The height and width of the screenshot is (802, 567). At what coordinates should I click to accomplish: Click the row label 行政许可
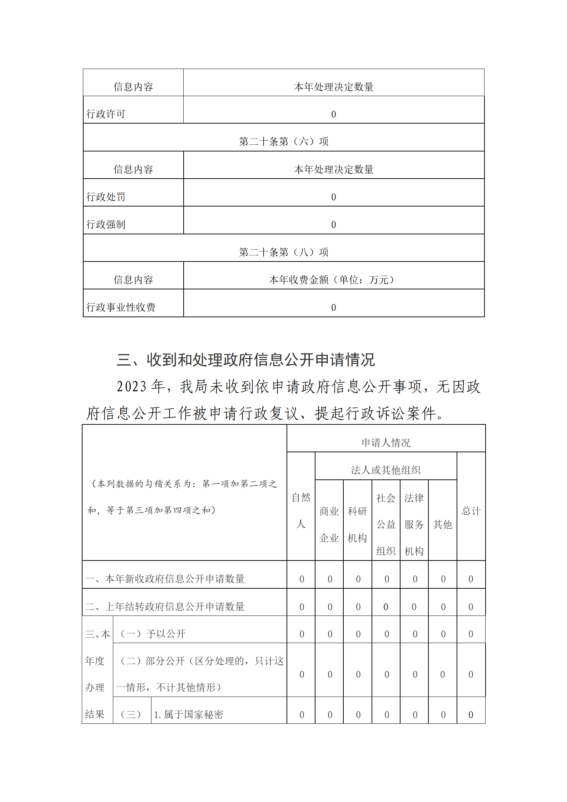tap(106, 114)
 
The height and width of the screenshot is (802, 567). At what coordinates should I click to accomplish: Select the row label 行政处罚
tap(106, 197)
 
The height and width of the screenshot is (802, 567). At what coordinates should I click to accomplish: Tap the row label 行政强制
tap(106, 224)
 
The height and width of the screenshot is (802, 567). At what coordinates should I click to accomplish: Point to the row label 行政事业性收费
tap(121, 307)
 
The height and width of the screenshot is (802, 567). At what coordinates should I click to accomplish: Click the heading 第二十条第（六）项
tap(284, 141)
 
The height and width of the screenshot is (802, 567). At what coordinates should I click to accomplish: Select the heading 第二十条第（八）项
tap(284, 252)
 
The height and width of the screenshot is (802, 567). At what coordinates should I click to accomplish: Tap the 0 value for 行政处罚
tap(333, 197)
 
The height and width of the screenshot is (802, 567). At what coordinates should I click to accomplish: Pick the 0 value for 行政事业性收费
tap(333, 308)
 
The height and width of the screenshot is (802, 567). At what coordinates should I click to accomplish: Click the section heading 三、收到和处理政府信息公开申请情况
tap(246, 360)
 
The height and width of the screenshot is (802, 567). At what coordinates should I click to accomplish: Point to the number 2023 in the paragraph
tap(131, 387)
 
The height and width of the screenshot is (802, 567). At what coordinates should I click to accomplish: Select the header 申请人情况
tap(386, 443)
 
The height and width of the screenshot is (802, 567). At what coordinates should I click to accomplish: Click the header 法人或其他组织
tap(386, 470)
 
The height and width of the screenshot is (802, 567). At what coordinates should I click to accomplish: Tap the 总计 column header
tap(471, 511)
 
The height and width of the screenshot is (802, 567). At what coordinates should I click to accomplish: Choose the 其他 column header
tap(443, 524)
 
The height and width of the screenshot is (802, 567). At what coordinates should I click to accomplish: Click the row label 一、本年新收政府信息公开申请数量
tap(165, 579)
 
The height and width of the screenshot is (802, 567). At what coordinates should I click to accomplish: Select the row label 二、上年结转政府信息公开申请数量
tap(165, 607)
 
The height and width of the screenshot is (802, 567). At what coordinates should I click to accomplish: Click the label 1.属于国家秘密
tap(188, 715)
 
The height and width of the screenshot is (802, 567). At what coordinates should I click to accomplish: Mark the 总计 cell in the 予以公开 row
tap(471, 634)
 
